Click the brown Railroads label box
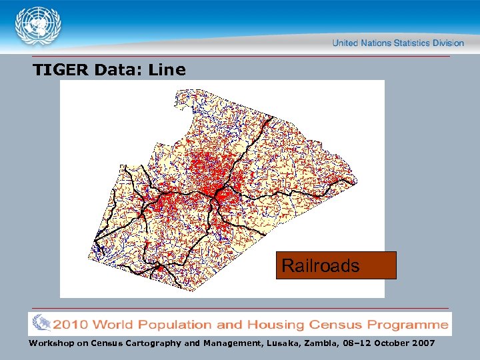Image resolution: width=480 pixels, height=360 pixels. (336, 265)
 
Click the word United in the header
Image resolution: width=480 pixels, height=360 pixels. (346, 43)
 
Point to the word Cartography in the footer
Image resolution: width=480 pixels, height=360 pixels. (149, 343)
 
